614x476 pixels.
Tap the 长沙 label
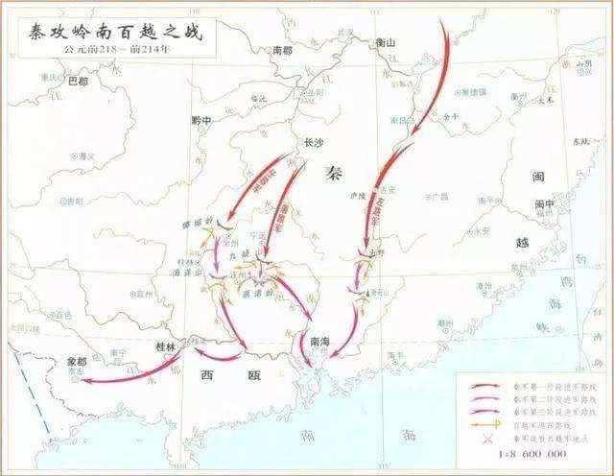[313, 141]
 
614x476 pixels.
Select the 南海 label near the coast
[319, 340]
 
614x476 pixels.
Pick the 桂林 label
[166, 345]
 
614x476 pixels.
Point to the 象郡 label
[77, 363]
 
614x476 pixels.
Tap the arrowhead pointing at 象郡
[84, 380]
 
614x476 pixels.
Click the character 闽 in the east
[538, 176]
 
